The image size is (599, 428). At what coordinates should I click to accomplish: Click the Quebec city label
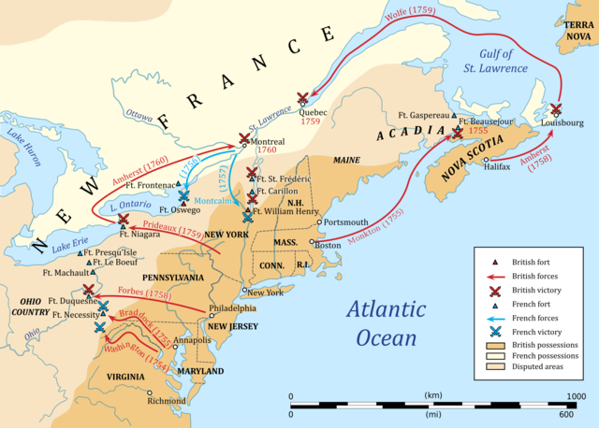coord(315,110)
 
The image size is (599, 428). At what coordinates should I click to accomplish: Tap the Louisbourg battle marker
coord(556,109)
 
